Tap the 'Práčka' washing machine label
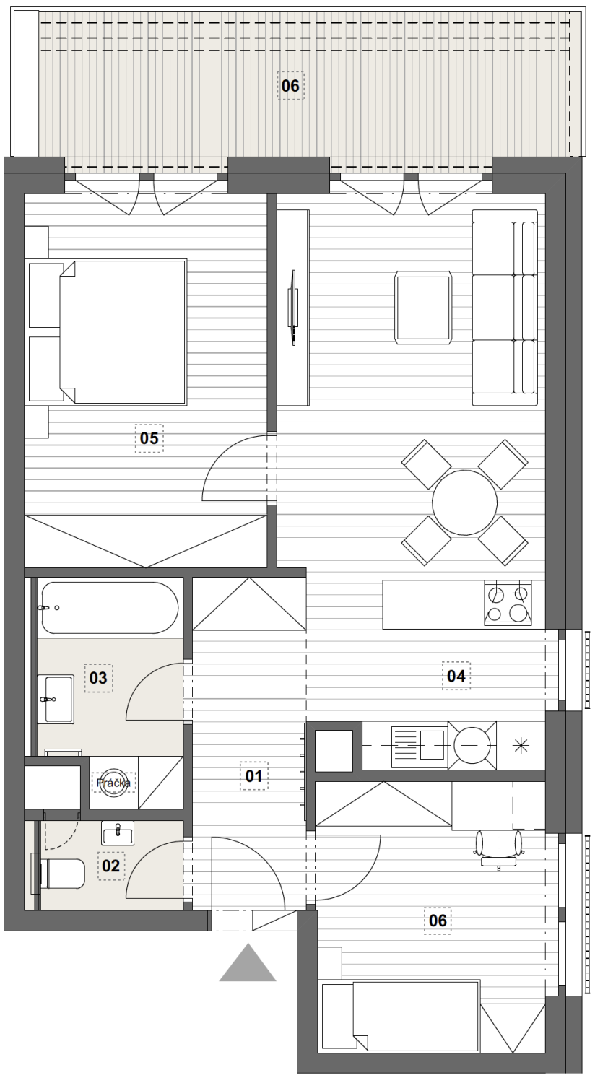[x=113, y=783]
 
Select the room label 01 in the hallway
[x=253, y=776]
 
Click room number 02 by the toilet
[x=111, y=866]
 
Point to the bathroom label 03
[x=98, y=678]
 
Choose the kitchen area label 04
[x=456, y=675]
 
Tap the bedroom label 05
[x=149, y=438]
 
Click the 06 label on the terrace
[x=290, y=86]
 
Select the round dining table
[x=464, y=503]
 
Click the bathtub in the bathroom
[x=110, y=608]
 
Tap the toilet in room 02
[x=61, y=874]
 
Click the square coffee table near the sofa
[x=423, y=308]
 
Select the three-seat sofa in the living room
[x=505, y=308]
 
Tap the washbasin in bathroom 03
[x=56, y=699]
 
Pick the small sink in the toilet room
[x=118, y=832]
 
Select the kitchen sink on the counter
[x=419, y=744]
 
